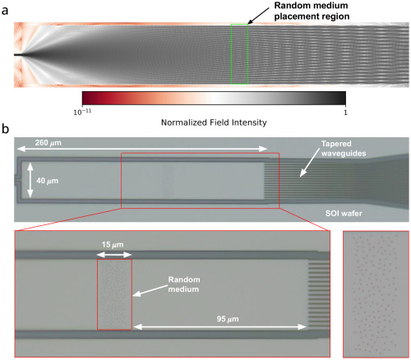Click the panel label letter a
[5, 11]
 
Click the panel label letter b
[5, 129]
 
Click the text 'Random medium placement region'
[312, 11]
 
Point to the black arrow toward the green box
[258, 16]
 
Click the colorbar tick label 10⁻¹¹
[82, 112]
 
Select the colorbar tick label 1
[345, 113]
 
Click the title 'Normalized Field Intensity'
[214, 122]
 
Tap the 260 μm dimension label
[48, 143]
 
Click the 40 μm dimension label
[48, 181]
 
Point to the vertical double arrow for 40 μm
[30, 180]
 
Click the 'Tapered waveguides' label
[344, 149]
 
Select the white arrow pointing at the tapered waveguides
[309, 167]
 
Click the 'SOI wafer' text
[344, 214]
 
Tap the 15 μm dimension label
[113, 245]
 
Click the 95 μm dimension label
[228, 319]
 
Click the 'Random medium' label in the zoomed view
[183, 284]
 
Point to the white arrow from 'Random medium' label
[150, 291]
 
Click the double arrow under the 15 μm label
[114, 255]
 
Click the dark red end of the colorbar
[85, 98]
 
